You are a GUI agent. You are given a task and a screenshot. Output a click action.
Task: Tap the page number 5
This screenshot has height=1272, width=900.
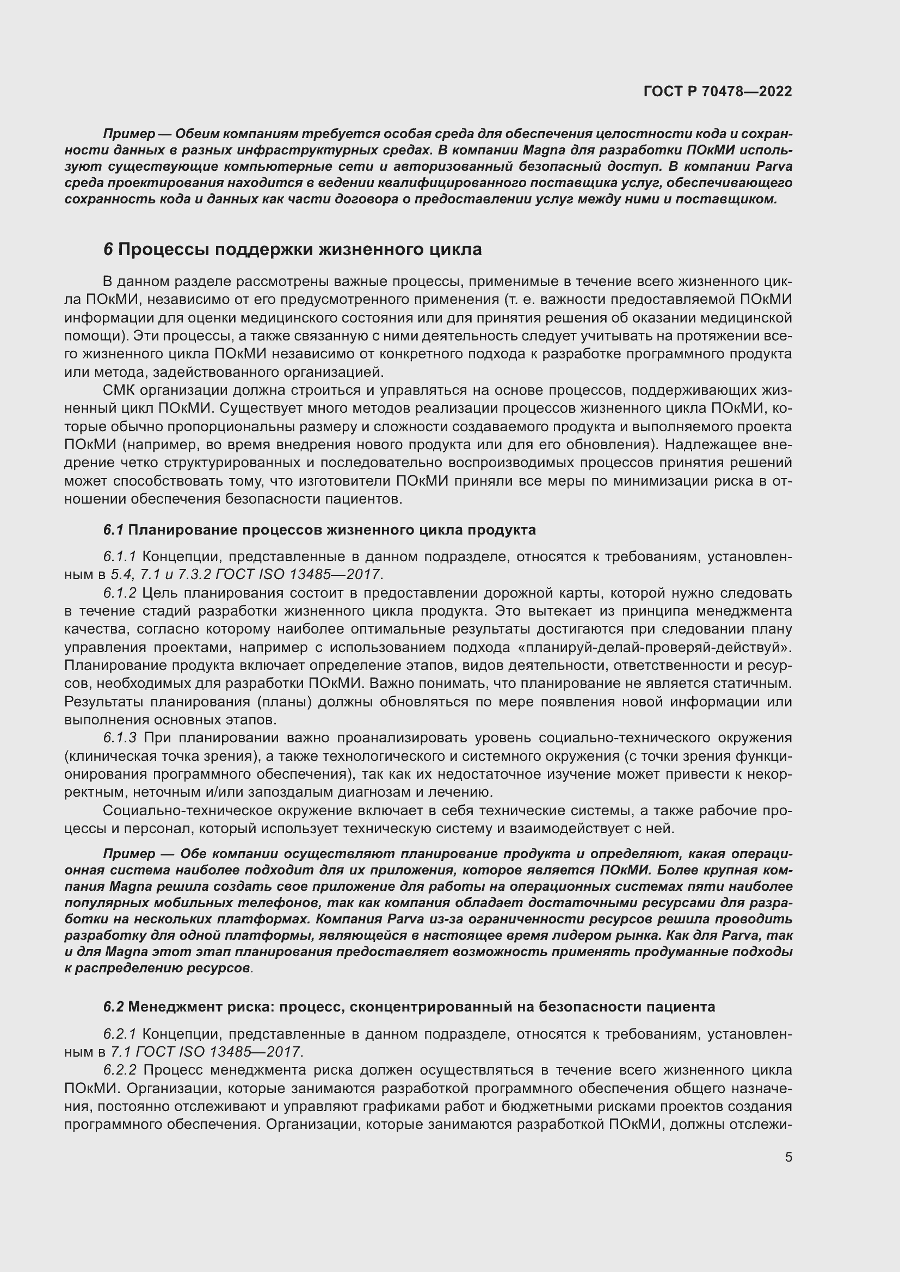(788, 1157)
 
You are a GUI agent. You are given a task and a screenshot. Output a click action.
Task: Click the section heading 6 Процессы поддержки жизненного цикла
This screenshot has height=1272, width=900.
(292, 249)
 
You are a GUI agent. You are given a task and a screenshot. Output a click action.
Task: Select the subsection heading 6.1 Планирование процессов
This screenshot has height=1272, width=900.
(319, 530)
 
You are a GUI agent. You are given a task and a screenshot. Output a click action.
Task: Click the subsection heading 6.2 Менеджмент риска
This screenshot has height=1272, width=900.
(409, 1007)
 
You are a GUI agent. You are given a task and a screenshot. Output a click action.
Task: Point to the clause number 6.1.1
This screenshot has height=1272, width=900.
(119, 556)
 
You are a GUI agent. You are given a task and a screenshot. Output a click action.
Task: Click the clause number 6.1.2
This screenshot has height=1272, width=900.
(119, 593)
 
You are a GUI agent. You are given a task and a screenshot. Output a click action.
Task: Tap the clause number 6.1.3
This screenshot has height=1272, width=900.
(119, 738)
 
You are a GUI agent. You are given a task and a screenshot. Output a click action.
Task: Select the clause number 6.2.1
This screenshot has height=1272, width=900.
(119, 1034)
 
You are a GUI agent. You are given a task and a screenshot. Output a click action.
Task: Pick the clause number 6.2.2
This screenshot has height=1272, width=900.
(119, 1070)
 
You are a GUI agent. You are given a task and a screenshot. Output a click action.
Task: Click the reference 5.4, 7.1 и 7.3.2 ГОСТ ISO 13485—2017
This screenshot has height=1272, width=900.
(246, 574)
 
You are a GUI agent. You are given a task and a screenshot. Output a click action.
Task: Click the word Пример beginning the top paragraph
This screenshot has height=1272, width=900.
(129, 134)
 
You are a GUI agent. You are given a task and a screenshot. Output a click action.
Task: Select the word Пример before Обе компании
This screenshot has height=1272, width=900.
(129, 854)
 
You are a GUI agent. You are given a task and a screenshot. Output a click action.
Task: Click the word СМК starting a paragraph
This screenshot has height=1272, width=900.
(119, 390)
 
